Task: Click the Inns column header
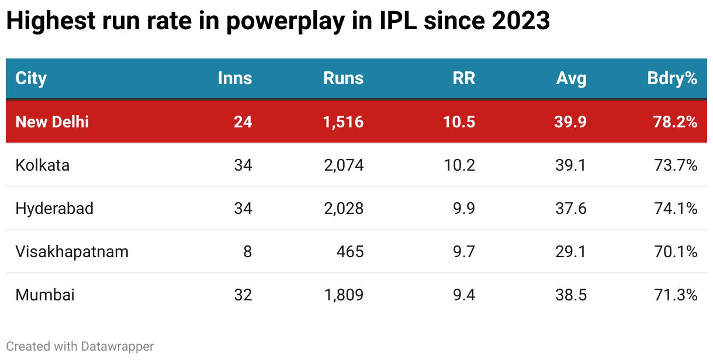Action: tap(235, 78)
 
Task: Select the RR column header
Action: tap(464, 78)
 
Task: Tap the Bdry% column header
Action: tap(672, 78)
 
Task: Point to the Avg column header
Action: tap(571, 78)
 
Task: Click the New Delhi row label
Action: tap(52, 122)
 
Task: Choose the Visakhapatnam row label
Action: tap(72, 251)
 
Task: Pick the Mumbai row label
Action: tap(45, 295)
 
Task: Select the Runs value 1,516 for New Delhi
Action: tap(343, 122)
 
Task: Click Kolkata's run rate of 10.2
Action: tap(460, 165)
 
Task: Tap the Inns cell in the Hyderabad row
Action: tap(243, 208)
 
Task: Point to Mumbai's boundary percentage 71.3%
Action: tap(676, 295)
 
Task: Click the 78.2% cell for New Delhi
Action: tap(676, 122)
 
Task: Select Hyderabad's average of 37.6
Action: tap(571, 208)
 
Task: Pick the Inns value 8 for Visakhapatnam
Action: tap(248, 251)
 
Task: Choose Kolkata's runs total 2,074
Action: tap(343, 165)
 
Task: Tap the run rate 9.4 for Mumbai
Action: tap(464, 295)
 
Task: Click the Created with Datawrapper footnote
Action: tap(80, 346)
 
